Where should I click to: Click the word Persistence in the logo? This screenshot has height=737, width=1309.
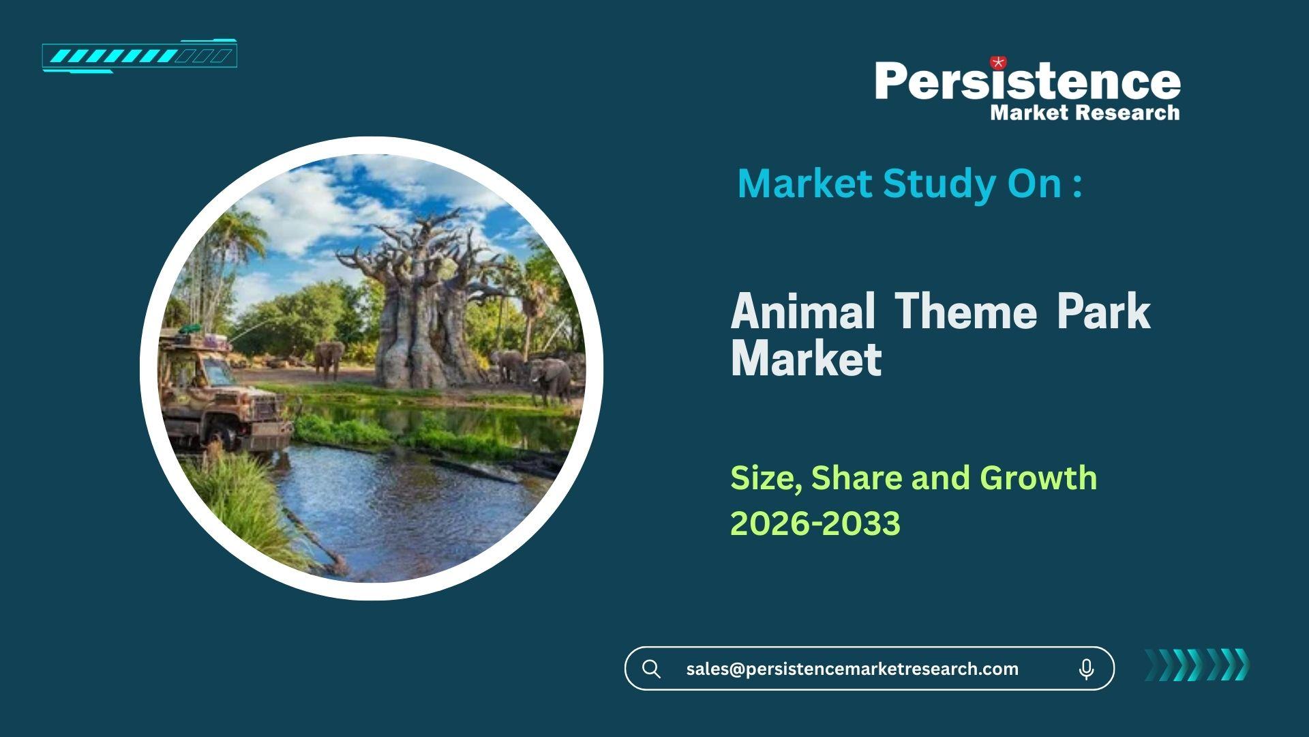[1027, 81]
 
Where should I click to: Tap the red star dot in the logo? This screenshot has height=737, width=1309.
[998, 63]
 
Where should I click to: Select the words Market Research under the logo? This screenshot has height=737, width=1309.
[1085, 113]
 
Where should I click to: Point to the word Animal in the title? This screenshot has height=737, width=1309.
[803, 311]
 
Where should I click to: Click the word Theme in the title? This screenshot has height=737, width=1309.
[966, 311]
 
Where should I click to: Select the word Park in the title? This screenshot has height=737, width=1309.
[1104, 311]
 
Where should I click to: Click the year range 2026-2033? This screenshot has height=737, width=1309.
[815, 523]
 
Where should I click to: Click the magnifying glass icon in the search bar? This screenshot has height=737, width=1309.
[651, 669]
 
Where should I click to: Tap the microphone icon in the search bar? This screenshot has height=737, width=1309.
[1087, 669]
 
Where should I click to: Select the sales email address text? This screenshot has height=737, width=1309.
[852, 669]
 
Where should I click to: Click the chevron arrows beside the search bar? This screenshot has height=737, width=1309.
[1197, 665]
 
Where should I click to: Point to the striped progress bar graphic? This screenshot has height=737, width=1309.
[140, 56]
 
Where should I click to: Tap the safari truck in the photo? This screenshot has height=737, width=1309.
[222, 392]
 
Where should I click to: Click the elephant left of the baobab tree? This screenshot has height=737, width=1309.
[329, 359]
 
